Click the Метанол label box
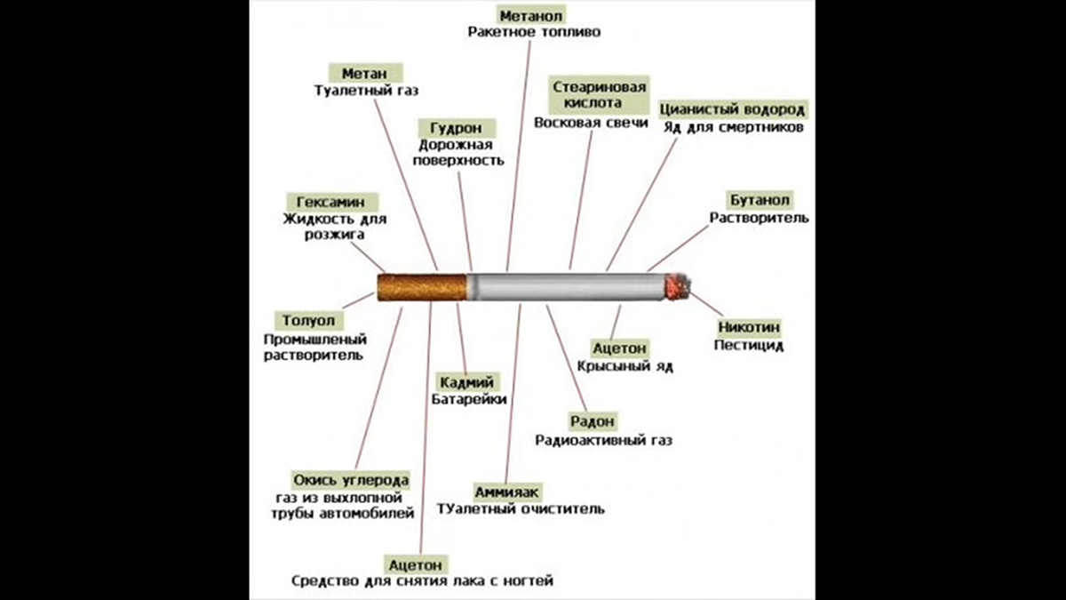click(x=532, y=16)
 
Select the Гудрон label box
click(x=456, y=127)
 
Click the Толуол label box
click(x=308, y=320)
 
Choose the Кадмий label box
click(x=467, y=382)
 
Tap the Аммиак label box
click(x=507, y=492)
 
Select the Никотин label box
click(x=749, y=327)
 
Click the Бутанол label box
click(x=760, y=200)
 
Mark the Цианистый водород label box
click(x=732, y=109)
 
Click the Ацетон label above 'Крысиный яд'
click(x=620, y=348)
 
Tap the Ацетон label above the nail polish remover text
click(x=417, y=564)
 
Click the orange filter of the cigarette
click(x=422, y=287)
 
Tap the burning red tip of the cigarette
click(x=678, y=286)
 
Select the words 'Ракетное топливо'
click(x=534, y=33)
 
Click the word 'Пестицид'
click(x=749, y=345)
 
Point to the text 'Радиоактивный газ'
click(x=604, y=439)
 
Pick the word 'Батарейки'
click(x=469, y=400)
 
